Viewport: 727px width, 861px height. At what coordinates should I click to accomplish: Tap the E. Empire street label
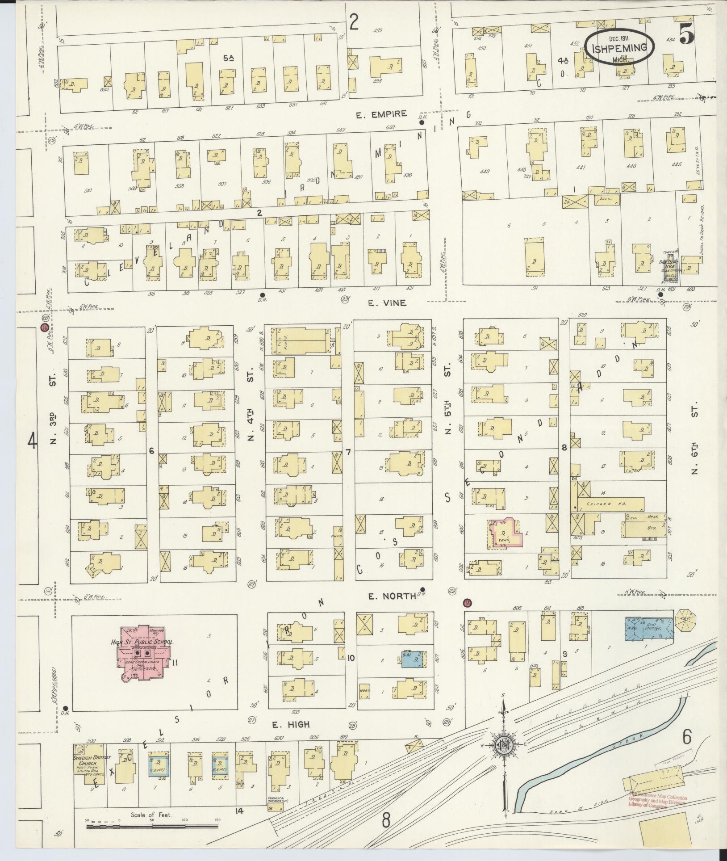pos(381,113)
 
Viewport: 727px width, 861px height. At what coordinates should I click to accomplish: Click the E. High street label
pos(289,724)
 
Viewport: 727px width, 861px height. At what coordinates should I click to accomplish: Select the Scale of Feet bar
pos(152,827)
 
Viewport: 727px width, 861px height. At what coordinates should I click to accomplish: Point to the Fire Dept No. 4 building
pos(669,271)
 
